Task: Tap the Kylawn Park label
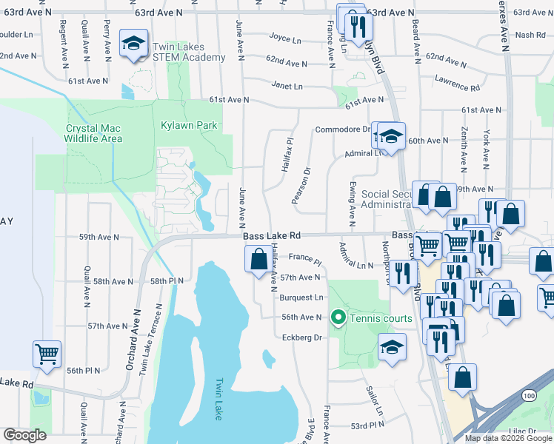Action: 189,125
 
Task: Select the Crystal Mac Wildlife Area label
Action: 93,133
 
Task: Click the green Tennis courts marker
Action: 339,317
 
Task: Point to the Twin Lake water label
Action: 218,400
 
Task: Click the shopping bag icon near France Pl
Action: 258,260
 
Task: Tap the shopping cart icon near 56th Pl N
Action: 47,354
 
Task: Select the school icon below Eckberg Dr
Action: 392,346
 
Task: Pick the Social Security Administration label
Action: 385,199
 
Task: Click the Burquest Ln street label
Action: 301,297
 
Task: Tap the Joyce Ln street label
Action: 285,39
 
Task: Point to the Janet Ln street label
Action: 287,86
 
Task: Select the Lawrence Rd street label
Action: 457,82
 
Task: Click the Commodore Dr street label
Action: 342,129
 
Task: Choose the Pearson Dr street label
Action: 300,189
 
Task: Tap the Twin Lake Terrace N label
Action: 157,333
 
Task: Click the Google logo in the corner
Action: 24,435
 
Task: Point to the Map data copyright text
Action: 507,437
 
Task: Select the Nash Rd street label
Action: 530,35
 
